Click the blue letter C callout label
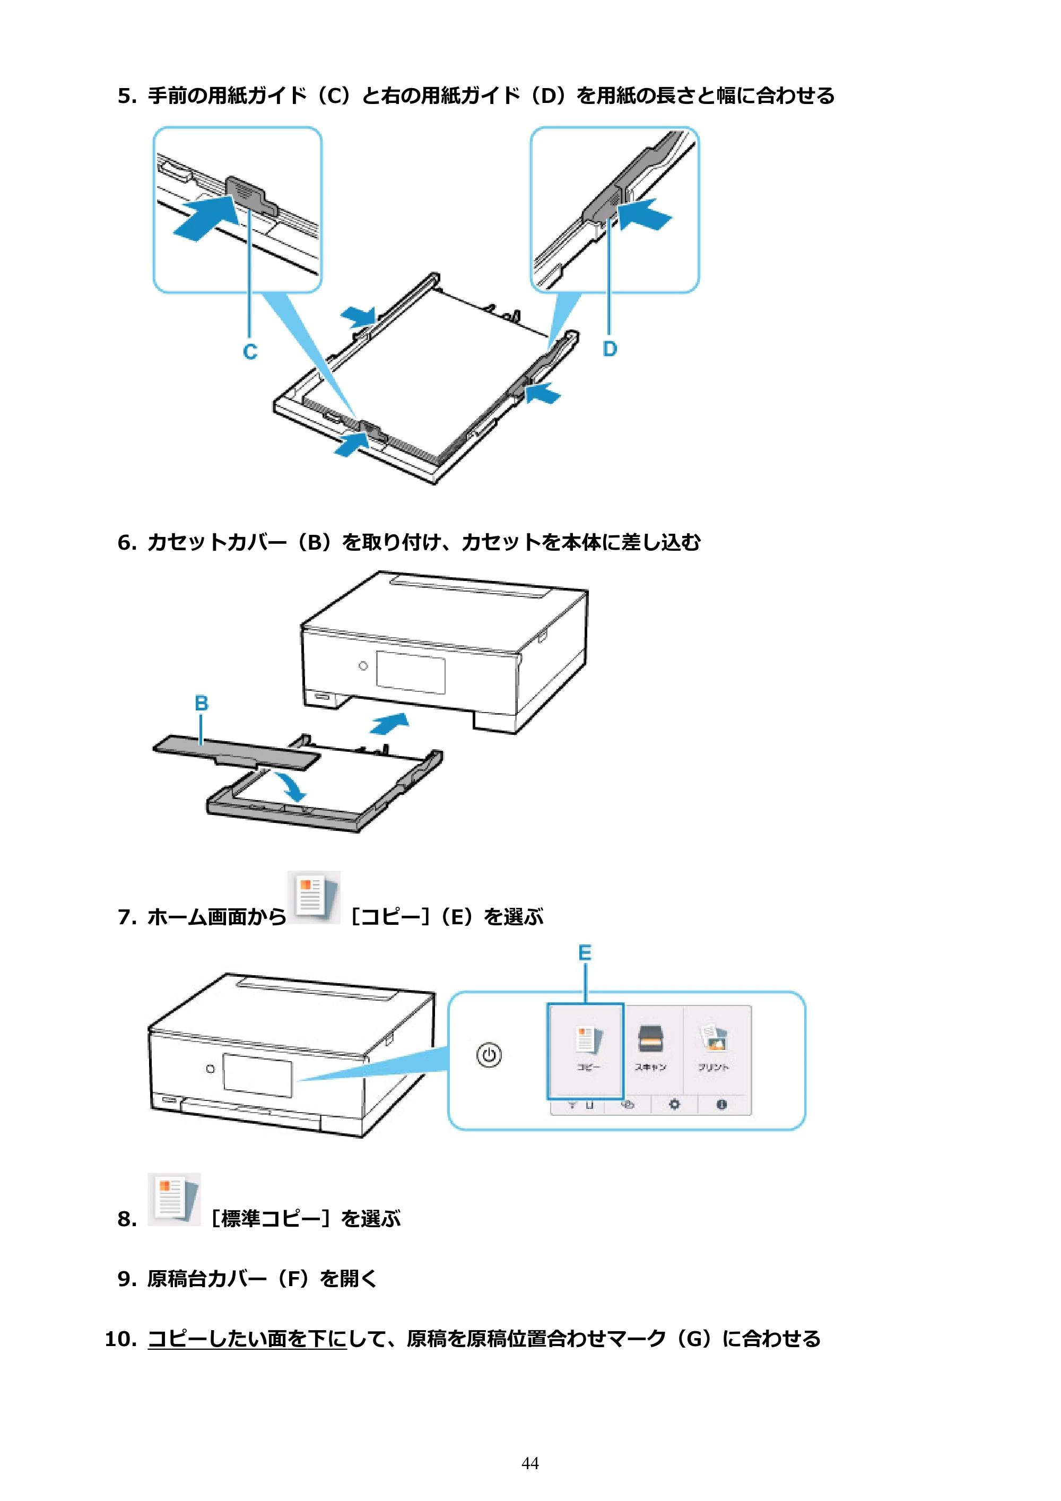pyautogui.click(x=250, y=352)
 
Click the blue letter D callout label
pyautogui.click(x=609, y=349)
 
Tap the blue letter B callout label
pyautogui.click(x=202, y=703)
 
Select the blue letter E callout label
pyautogui.click(x=585, y=952)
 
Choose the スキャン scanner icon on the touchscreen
pyautogui.click(x=650, y=1038)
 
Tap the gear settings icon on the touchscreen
pyautogui.click(x=674, y=1104)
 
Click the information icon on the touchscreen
pyautogui.click(x=721, y=1104)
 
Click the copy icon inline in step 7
pyautogui.click(x=314, y=897)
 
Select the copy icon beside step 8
pyautogui.click(x=174, y=1199)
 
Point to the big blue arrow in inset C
pyautogui.click(x=206, y=219)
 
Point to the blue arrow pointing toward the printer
pyautogui.click(x=389, y=723)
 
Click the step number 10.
pyautogui.click(x=121, y=1339)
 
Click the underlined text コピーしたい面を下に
pyautogui.click(x=247, y=1339)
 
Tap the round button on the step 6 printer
pyautogui.click(x=363, y=665)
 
